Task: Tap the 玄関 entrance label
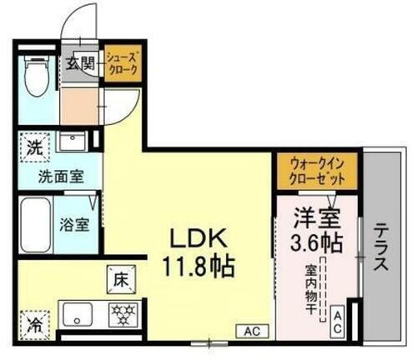[x=81, y=62]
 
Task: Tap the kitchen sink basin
[x=80, y=315]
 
